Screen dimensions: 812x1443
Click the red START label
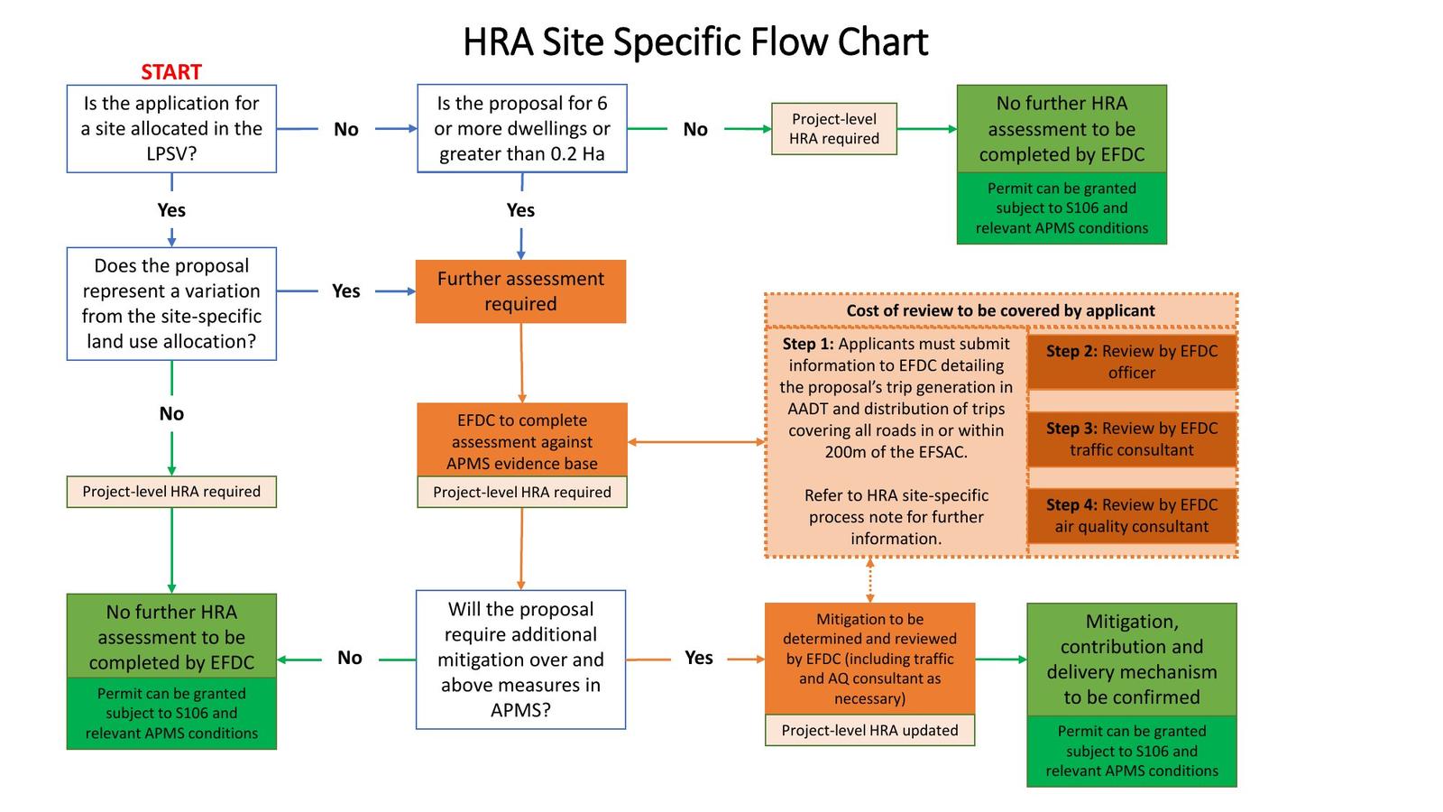pos(170,72)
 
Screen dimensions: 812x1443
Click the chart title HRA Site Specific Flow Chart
pos(695,42)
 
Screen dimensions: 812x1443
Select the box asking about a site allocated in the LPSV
pos(171,129)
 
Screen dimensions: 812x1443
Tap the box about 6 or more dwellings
pos(521,129)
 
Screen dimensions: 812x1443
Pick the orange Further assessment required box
pos(520,291)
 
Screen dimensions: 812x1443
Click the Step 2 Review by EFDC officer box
pos(1131,362)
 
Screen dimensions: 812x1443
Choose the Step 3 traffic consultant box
pos(1131,439)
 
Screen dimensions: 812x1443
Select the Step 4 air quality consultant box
pos(1131,516)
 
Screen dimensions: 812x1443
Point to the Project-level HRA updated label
pos(869,731)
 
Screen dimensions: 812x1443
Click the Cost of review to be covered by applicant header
pos(1000,310)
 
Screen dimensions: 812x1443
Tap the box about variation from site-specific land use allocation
pos(171,304)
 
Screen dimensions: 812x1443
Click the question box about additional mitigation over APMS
pos(520,660)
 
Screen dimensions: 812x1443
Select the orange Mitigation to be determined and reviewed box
pos(869,659)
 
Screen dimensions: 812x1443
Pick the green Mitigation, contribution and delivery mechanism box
pos(1131,660)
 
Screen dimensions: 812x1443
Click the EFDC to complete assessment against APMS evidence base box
pos(521,441)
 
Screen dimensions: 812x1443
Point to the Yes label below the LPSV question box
pos(171,210)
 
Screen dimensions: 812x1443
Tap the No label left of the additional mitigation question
pos(350,659)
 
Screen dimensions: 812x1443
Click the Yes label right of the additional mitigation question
pos(699,658)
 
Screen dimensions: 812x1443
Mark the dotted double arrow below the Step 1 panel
pos(869,580)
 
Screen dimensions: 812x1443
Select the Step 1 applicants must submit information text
pos(896,397)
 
